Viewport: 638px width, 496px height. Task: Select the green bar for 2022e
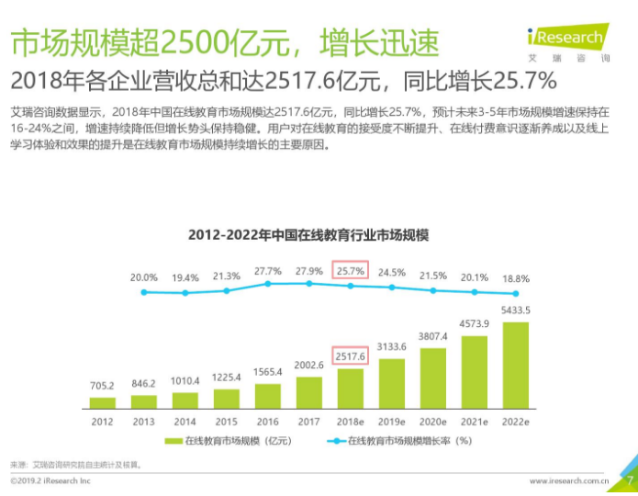[x=516, y=366]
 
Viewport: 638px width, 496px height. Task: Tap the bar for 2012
[x=103, y=402]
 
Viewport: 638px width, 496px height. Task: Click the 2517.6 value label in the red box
[x=351, y=356]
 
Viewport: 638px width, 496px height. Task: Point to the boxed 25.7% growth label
[x=351, y=271]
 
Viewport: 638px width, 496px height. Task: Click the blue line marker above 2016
[x=268, y=284]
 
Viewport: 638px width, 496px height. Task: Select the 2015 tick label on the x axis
[x=226, y=422]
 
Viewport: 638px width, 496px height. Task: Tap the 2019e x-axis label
[x=391, y=422]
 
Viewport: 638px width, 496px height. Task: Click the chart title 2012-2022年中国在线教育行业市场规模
[x=308, y=235]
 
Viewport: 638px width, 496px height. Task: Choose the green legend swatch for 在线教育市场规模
[x=173, y=441]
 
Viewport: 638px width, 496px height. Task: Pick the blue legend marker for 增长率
[x=337, y=441]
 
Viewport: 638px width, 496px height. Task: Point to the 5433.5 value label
[x=516, y=310]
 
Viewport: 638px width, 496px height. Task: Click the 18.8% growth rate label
[x=516, y=279]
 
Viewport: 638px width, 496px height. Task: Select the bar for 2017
[x=309, y=392]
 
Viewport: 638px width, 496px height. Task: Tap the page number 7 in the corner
[x=630, y=480]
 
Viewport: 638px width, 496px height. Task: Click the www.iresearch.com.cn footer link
[x=569, y=481]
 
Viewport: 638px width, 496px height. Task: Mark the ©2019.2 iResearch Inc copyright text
[x=50, y=481]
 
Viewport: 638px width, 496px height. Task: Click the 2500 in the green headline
[x=194, y=43]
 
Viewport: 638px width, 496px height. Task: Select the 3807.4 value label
[x=433, y=336]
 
